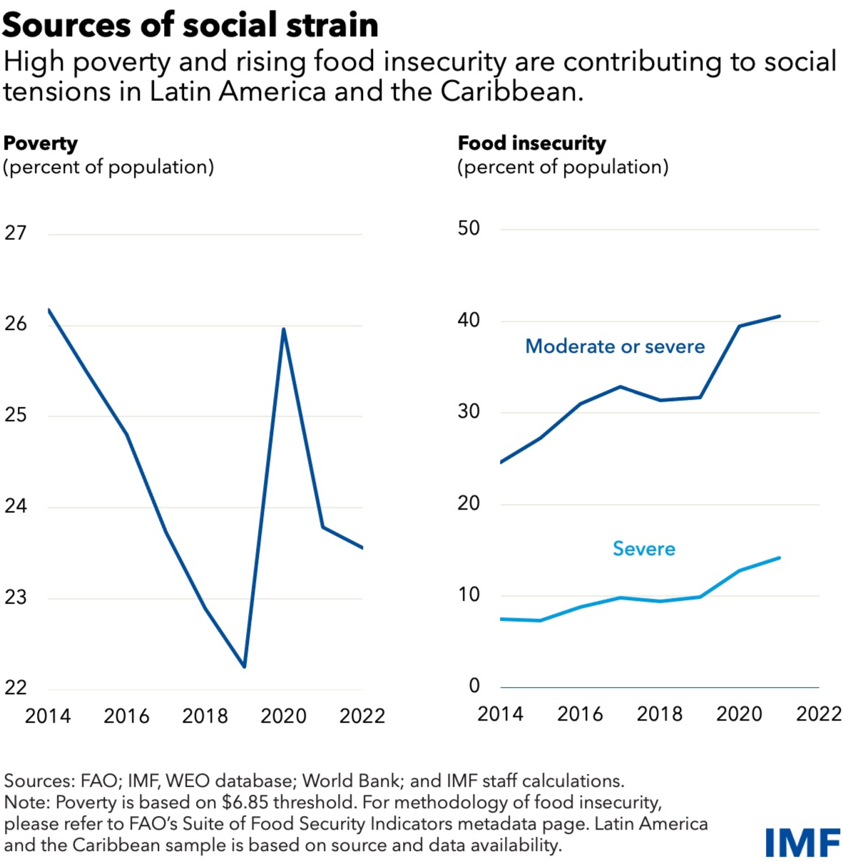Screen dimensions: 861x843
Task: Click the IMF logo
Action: pos(802,842)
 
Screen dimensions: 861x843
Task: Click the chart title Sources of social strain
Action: pos(190,25)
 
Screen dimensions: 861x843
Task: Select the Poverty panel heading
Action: pos(41,143)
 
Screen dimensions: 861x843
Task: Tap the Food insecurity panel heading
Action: pos(532,143)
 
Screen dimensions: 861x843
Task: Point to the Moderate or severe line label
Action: pos(615,346)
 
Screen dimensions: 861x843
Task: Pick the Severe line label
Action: pos(644,549)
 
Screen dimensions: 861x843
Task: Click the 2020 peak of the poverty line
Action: pos(284,329)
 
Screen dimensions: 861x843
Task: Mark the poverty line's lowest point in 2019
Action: pos(245,666)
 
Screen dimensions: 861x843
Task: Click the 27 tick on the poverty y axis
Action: pos(16,233)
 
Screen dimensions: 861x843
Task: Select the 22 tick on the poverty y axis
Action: pos(16,688)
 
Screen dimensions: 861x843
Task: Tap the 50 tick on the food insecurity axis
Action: pos(469,229)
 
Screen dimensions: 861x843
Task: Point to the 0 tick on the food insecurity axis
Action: pos(474,686)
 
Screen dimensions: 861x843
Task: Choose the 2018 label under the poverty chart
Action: pos(205,716)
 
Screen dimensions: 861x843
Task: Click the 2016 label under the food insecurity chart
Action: pos(580,714)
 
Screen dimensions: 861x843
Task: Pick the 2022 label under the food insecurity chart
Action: pos(819,714)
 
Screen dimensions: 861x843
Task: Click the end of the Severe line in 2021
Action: pos(779,558)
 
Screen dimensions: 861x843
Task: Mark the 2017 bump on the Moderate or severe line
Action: pos(620,387)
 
